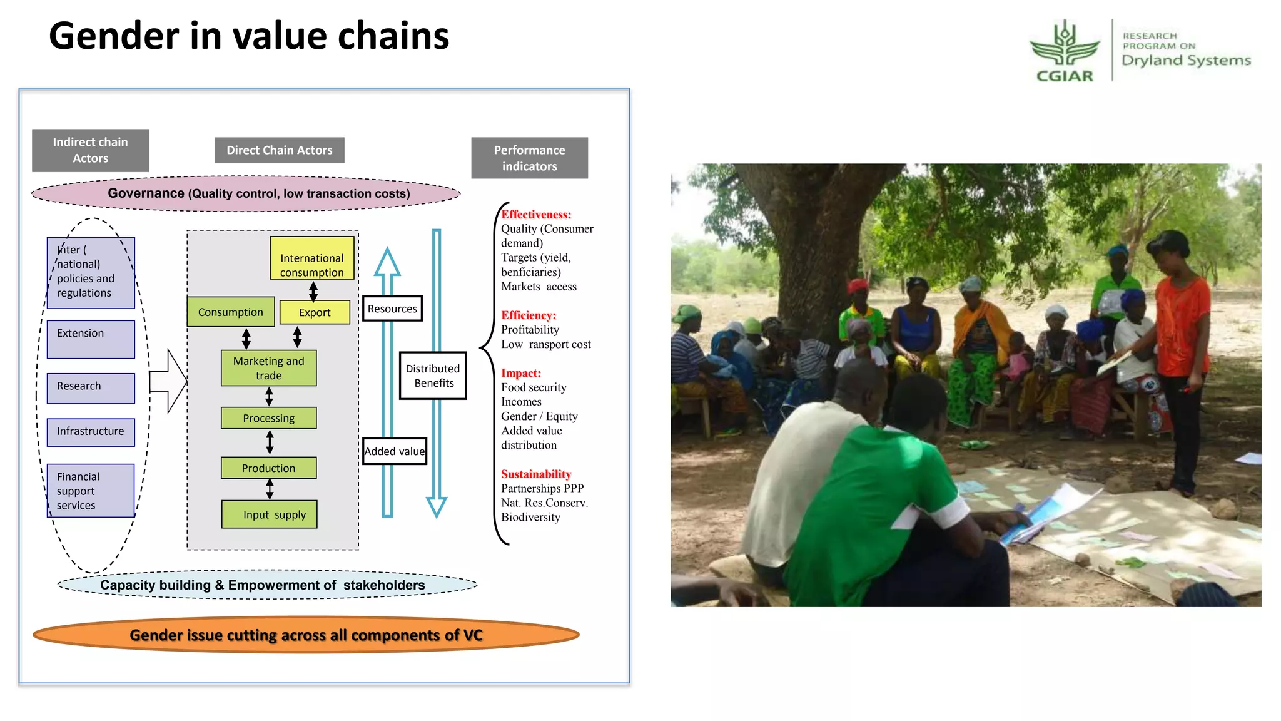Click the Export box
click(x=315, y=312)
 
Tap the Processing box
click(x=269, y=418)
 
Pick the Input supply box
click(x=270, y=514)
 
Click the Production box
click(x=269, y=468)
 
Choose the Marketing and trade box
click(x=269, y=368)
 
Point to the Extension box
click(x=91, y=339)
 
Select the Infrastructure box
click(x=91, y=432)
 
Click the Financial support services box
click(x=91, y=491)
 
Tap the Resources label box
click(x=392, y=309)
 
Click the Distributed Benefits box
click(x=433, y=376)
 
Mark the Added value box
click(x=395, y=451)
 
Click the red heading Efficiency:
click(x=529, y=315)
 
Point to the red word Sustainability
click(x=536, y=474)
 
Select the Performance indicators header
click(x=529, y=158)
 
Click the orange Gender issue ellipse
click(x=306, y=635)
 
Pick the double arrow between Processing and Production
click(x=270, y=442)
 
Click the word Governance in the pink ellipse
click(x=146, y=193)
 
